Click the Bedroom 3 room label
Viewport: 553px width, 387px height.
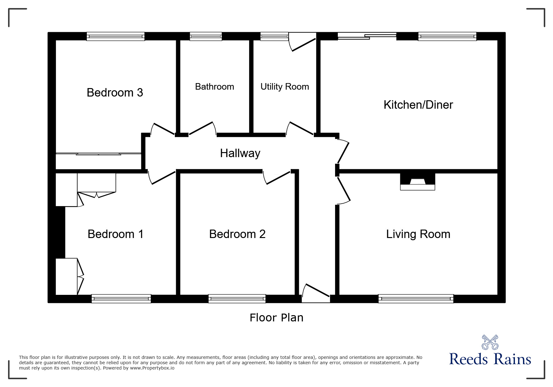click(115, 92)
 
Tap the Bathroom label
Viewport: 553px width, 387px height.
click(215, 87)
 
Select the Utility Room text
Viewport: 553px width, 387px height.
click(284, 87)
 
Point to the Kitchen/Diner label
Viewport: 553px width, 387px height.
click(418, 105)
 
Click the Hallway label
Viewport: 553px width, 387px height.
click(240, 153)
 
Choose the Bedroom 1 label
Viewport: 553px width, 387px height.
click(116, 234)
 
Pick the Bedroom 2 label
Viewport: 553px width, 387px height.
click(237, 234)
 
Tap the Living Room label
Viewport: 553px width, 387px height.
click(418, 234)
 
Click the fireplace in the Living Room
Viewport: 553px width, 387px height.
click(417, 182)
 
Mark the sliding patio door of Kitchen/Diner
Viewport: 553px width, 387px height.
click(367, 37)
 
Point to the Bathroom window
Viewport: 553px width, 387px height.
click(206, 37)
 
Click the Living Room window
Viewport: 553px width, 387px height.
click(416, 299)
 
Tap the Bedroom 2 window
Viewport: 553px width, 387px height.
click(237, 299)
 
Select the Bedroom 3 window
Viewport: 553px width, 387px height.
click(116, 37)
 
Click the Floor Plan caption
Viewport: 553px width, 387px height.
click(276, 318)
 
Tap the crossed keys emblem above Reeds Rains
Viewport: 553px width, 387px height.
click(490, 342)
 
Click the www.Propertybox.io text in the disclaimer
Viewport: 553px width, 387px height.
click(152, 368)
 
